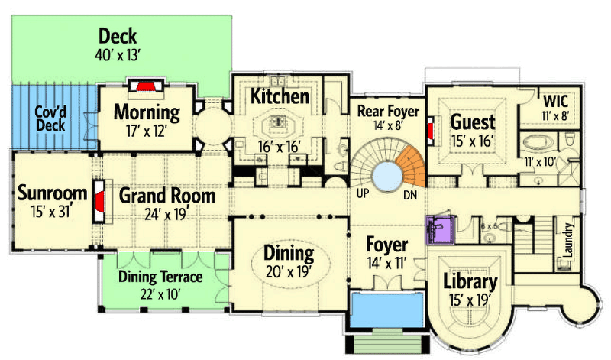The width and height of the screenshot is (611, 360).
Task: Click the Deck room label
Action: coord(117,35)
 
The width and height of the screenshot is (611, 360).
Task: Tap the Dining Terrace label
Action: coord(160,277)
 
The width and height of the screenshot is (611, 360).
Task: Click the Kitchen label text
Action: coord(280,96)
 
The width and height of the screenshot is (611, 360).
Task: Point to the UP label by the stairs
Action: coord(363,193)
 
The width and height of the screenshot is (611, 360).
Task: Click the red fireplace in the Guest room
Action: coord(432,130)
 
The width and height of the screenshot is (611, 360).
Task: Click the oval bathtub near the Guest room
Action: coord(541,143)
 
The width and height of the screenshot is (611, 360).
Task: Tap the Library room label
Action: coord(470,281)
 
